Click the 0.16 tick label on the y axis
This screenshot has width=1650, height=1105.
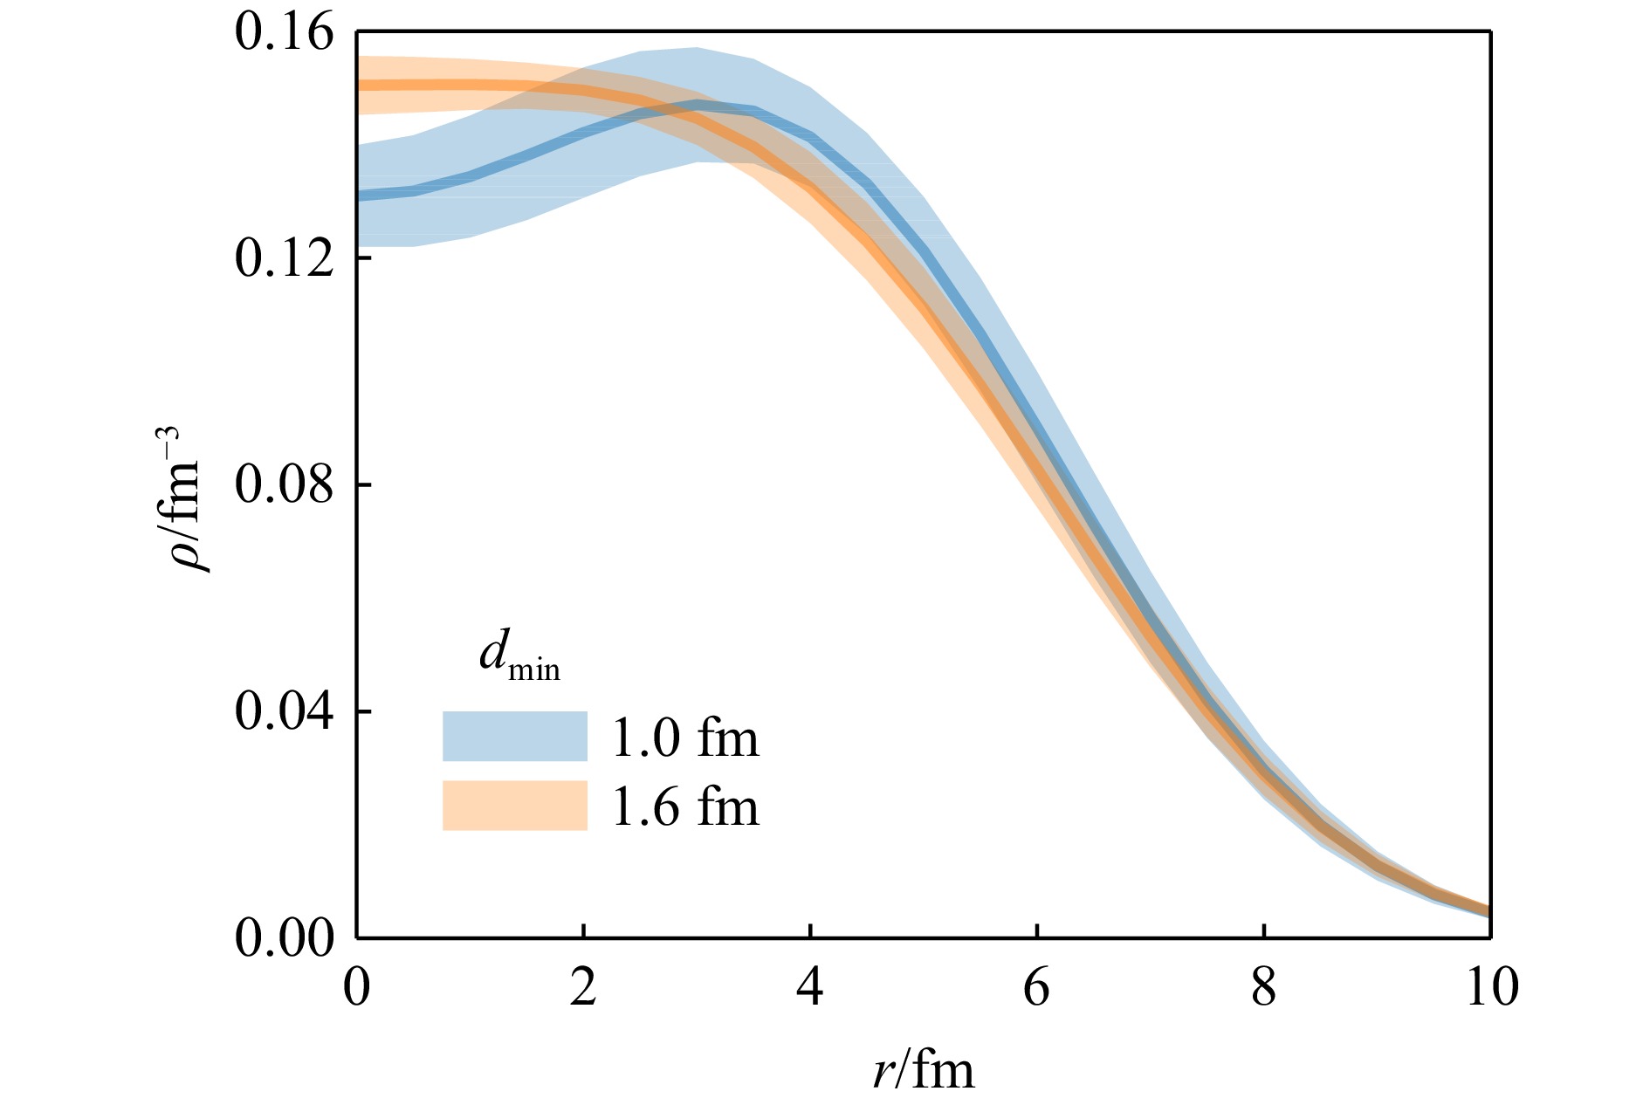(x=285, y=33)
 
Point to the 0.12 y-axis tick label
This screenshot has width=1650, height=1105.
(x=285, y=259)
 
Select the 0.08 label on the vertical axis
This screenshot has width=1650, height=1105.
(x=285, y=485)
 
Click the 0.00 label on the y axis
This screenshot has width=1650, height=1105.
(x=285, y=938)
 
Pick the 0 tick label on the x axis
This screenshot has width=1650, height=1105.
(x=357, y=988)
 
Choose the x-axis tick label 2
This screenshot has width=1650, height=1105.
(x=583, y=988)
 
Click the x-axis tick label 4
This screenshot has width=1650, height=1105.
(x=810, y=988)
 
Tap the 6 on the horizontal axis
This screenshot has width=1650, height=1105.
(x=1036, y=988)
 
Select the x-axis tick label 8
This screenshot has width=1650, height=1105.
(x=1263, y=988)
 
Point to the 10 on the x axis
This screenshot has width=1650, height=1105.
(x=1488, y=988)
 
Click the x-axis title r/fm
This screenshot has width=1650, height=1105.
(x=923, y=1069)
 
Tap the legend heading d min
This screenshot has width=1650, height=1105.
(x=519, y=656)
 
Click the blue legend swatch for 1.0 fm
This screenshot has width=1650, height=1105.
(x=514, y=736)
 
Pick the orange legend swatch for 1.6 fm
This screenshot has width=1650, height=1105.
(x=514, y=805)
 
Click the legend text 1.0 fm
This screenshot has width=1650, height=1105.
(x=685, y=738)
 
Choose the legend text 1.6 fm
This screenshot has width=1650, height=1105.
(x=685, y=806)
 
